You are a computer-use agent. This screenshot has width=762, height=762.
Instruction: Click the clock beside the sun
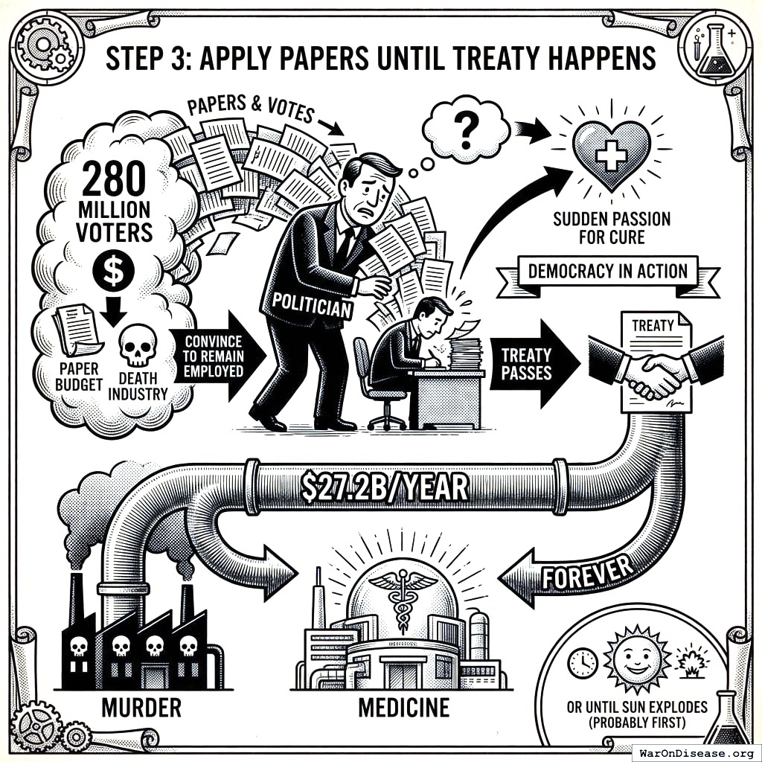[582, 662]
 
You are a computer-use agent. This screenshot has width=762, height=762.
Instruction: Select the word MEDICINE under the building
[404, 706]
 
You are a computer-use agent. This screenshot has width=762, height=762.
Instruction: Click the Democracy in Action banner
[608, 271]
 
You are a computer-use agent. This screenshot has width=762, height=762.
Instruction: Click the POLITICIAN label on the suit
[312, 304]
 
